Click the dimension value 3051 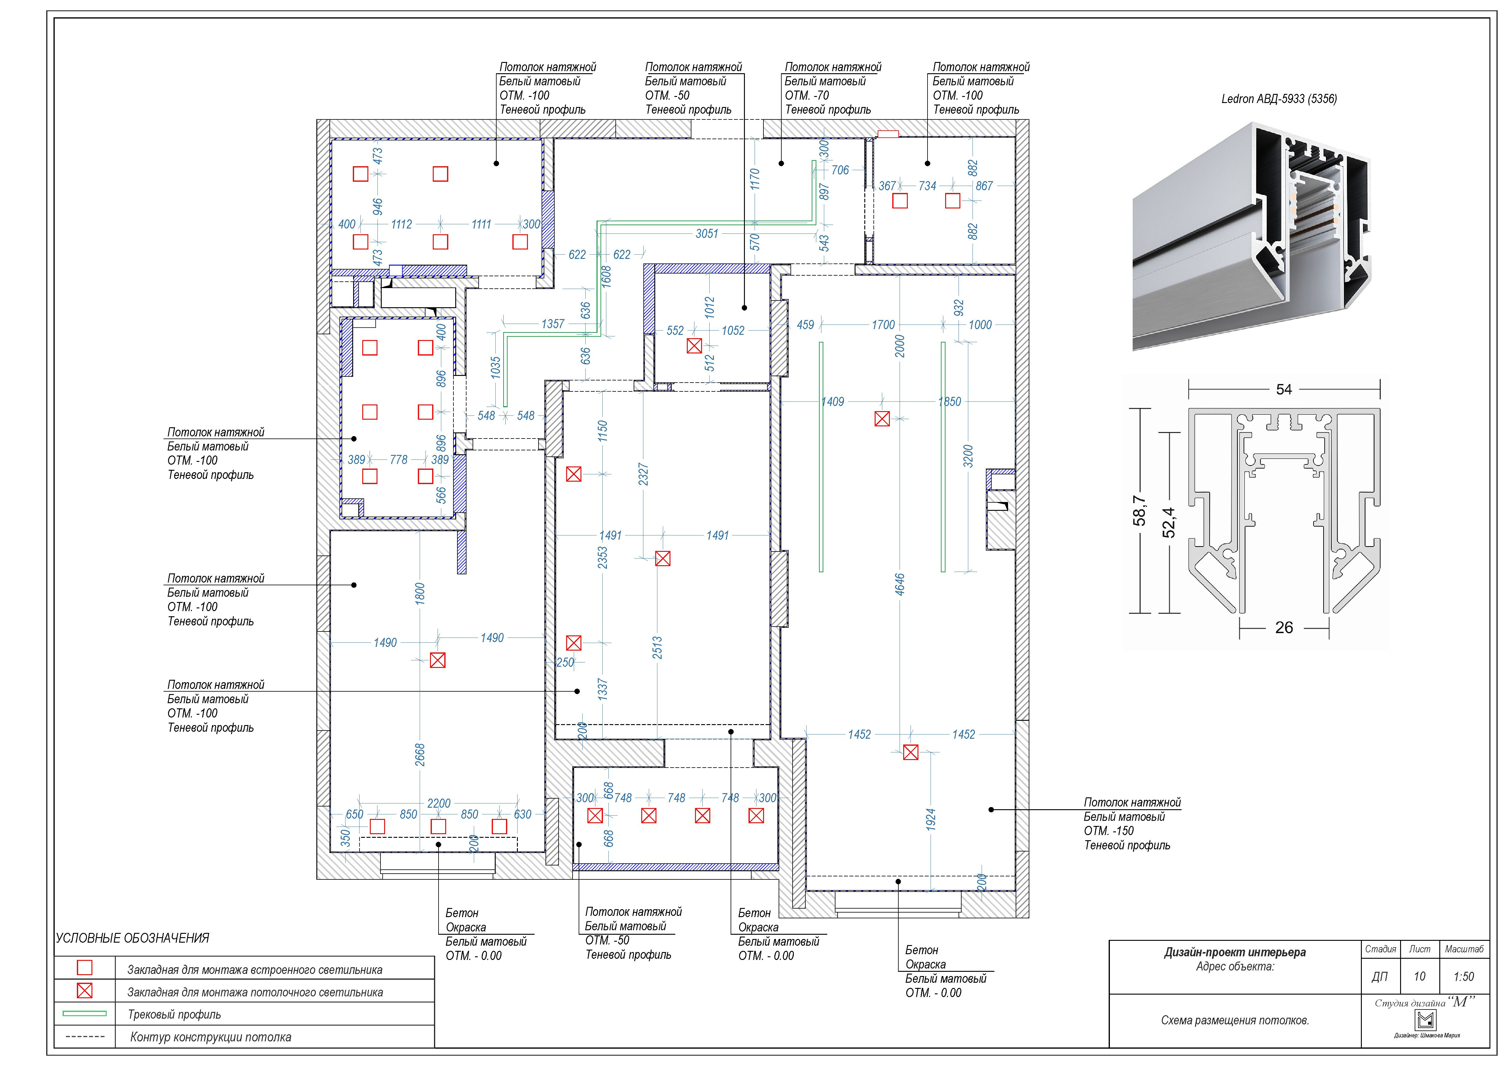(x=707, y=234)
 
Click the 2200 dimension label (x=439, y=803)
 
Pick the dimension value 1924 (x=931, y=820)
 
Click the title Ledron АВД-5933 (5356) (x=1279, y=99)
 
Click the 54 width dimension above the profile (x=1284, y=390)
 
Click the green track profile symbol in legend (x=85, y=1013)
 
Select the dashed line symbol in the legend (x=85, y=1037)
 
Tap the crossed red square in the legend (x=85, y=990)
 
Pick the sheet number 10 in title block (x=1419, y=977)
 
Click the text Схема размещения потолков (x=1235, y=1020)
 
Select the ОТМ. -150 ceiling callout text (x=1109, y=831)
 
